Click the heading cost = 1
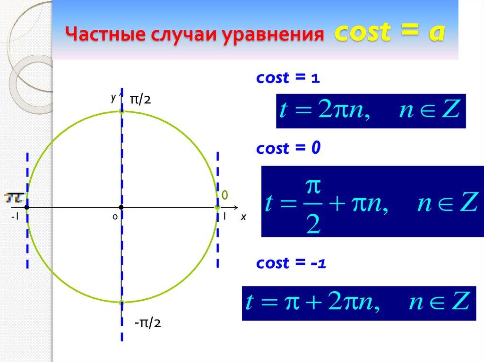click(288, 79)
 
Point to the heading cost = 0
click(288, 149)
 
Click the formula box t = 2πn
click(371, 111)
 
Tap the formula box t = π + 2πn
click(358, 303)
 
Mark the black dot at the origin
click(121, 207)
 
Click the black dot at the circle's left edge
click(27, 207)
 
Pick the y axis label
click(113, 97)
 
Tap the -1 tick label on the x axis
click(15, 217)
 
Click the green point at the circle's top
click(122, 111)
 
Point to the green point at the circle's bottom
click(122, 302)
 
